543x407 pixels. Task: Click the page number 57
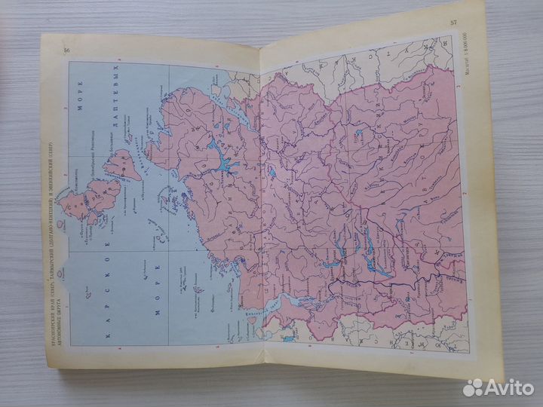[x=453, y=22]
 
